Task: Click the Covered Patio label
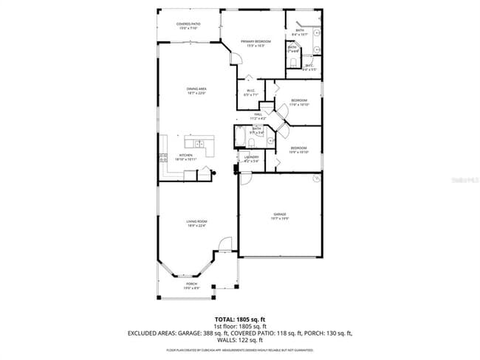pos(188,27)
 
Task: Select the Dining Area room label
pos(196,91)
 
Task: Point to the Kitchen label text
pos(185,156)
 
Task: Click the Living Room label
pos(196,224)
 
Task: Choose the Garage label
pos(279,216)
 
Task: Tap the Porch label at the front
pos(191,286)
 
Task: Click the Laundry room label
pos(251,159)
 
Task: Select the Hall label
pos(258,116)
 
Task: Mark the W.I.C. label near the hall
pos(251,93)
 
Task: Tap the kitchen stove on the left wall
pos(162,156)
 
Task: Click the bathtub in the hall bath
pos(241,137)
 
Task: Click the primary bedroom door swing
pos(234,60)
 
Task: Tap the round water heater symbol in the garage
pos(317,179)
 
